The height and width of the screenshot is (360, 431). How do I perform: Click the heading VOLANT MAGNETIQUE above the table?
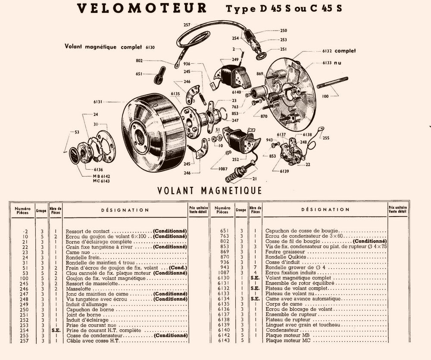(x=209, y=190)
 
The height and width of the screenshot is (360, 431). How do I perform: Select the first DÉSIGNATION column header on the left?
(x=125, y=210)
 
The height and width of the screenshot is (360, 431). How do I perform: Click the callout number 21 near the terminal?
(x=254, y=179)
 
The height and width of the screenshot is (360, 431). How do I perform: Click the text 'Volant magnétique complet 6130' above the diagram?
(x=109, y=46)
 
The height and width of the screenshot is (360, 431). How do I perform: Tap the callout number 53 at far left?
(x=77, y=132)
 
